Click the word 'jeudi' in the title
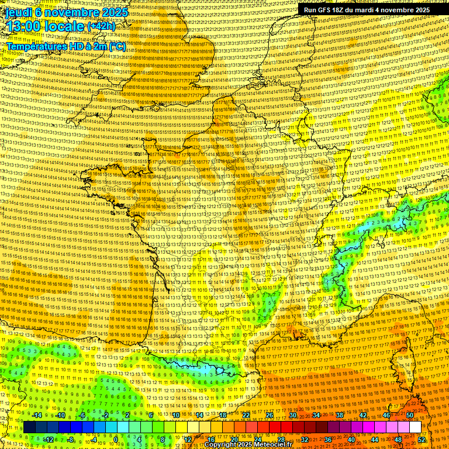point(18,11)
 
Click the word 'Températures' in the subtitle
point(36,46)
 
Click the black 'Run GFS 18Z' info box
point(367,10)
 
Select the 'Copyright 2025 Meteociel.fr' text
point(248,445)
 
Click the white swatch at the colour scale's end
point(415,427)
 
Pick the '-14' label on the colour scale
point(36,415)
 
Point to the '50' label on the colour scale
point(409,415)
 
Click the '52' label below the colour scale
point(422,439)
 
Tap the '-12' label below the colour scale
point(48,439)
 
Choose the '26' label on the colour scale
point(270,415)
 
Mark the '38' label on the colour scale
point(340,415)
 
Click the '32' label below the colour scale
point(305,439)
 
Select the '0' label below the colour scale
point(116,439)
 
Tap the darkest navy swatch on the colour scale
point(29,427)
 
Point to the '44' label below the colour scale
point(375,439)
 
